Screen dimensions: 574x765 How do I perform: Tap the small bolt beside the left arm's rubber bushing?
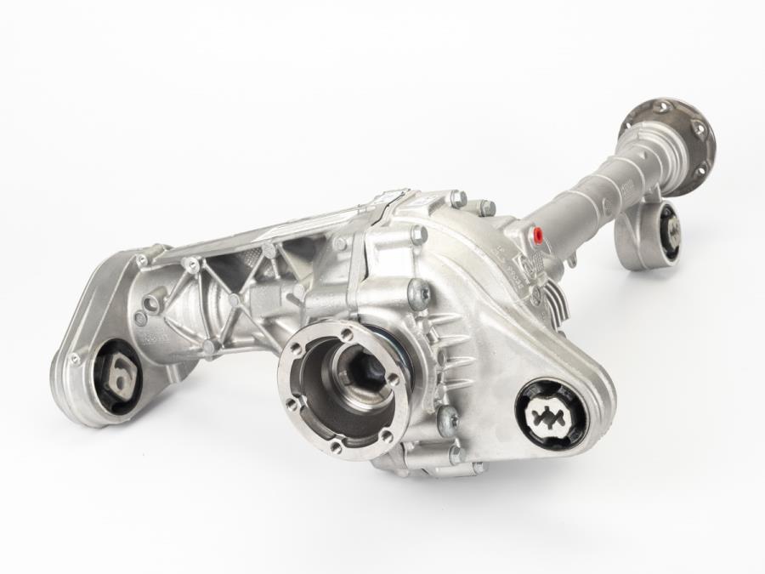(x=74, y=359)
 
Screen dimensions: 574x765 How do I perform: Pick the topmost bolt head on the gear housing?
(x=457, y=198)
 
